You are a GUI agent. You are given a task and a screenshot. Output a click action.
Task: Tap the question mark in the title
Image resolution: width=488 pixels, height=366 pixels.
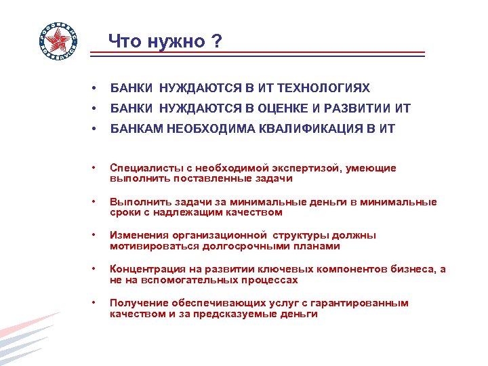(216, 42)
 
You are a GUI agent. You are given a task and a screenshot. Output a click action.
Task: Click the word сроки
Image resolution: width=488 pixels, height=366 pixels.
(124, 212)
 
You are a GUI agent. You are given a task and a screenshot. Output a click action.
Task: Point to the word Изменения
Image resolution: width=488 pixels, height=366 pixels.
(137, 235)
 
